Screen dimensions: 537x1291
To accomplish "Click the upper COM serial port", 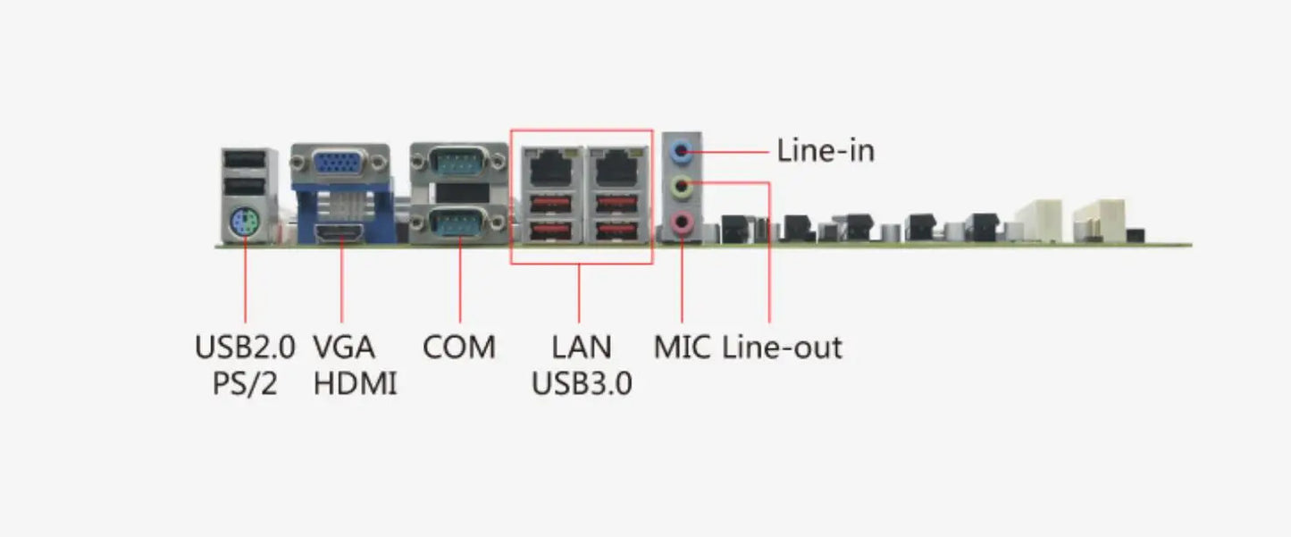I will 459,164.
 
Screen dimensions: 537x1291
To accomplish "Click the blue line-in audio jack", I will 683,151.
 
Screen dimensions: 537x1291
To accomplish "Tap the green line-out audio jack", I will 683,187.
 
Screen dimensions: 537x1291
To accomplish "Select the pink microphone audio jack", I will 683,222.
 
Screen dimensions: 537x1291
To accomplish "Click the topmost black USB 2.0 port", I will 244,162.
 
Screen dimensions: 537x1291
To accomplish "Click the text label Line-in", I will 825,150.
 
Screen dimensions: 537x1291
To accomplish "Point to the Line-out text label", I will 782,347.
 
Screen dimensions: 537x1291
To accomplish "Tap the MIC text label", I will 682,347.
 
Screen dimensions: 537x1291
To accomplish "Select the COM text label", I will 458,347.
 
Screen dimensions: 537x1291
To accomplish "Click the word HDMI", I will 355,383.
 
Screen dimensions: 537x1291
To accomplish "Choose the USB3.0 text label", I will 582,383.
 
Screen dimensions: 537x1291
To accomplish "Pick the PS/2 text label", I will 245,383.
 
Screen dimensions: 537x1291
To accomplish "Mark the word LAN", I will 582,347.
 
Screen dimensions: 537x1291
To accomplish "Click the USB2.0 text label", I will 245,347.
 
